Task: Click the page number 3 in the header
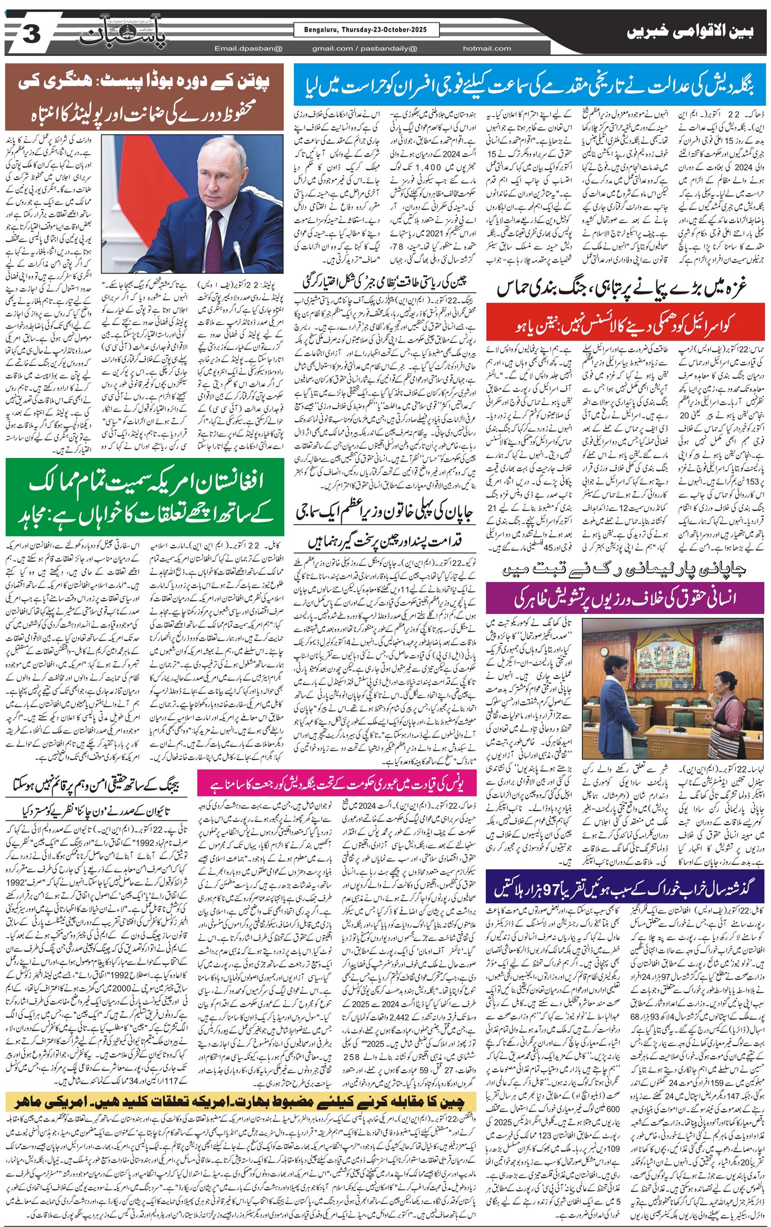(30, 36)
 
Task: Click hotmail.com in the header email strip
(487, 48)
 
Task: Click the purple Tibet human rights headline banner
(625, 598)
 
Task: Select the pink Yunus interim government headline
(337, 785)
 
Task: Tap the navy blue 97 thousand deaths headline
(625, 887)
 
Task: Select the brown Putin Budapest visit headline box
(145, 97)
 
